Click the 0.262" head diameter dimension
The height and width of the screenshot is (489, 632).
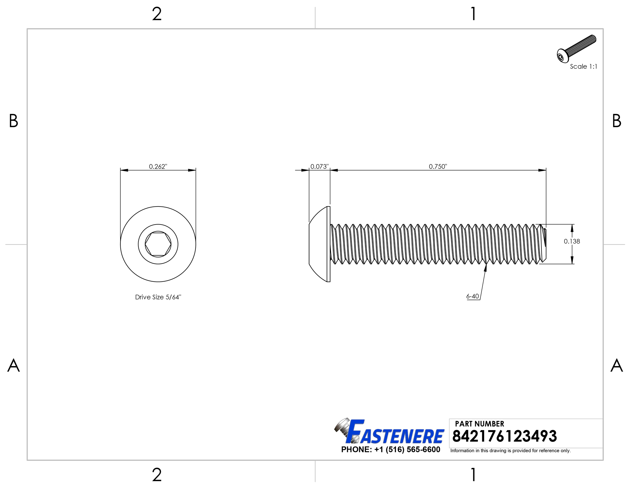pyautogui.click(x=158, y=166)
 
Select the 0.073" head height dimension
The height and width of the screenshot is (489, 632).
pyautogui.click(x=319, y=166)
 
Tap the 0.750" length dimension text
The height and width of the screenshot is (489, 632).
pyautogui.click(x=438, y=166)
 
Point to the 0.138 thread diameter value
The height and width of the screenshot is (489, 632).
pyautogui.click(x=572, y=241)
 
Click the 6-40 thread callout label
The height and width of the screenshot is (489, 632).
pyautogui.click(x=472, y=296)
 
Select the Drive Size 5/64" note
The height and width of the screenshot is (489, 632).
pyautogui.click(x=158, y=297)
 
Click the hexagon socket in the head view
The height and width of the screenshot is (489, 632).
pyautogui.click(x=158, y=244)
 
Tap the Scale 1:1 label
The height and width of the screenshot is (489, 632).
pyautogui.click(x=583, y=66)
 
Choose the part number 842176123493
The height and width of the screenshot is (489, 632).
pyautogui.click(x=504, y=436)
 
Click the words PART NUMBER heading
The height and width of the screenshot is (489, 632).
pyautogui.click(x=479, y=424)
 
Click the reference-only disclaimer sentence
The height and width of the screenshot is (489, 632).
pyautogui.click(x=510, y=451)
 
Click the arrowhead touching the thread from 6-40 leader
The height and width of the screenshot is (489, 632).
pyautogui.click(x=485, y=267)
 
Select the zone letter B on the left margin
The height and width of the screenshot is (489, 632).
pyautogui.click(x=14, y=121)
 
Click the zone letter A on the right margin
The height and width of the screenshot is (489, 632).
pyautogui.click(x=616, y=365)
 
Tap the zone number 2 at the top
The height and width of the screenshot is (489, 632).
pyautogui.click(x=157, y=14)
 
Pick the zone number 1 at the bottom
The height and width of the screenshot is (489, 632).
pyautogui.click(x=473, y=475)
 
